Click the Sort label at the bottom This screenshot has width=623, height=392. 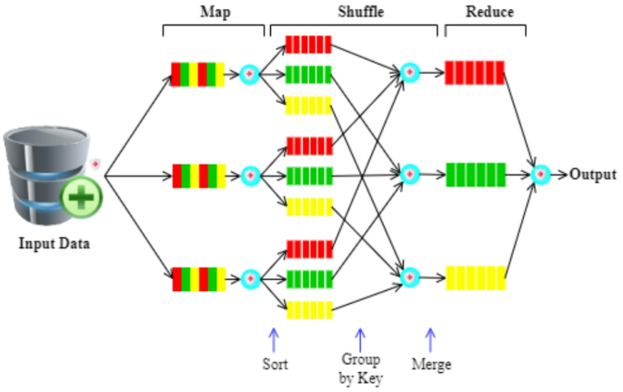point(274,364)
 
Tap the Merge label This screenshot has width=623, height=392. point(431,365)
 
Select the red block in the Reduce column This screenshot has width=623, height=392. point(474,72)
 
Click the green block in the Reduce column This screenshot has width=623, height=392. point(474,174)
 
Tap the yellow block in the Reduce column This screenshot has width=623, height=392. point(474,276)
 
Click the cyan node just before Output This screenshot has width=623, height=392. point(541,174)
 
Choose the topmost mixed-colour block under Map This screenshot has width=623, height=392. point(198,74)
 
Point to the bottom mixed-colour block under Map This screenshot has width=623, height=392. point(198,277)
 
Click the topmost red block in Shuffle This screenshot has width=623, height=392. point(308,45)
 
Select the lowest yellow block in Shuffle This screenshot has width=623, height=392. point(308,309)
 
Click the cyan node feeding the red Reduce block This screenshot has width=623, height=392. point(409,72)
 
